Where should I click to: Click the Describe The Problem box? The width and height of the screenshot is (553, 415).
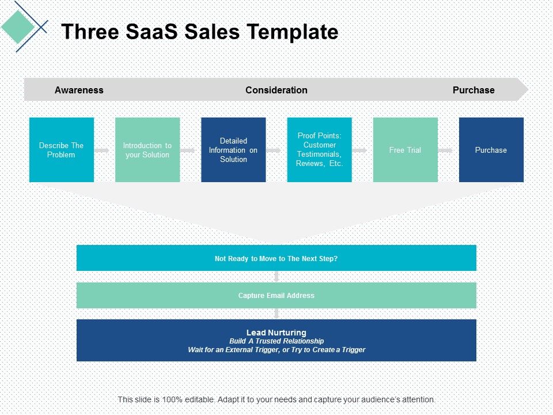point(62,150)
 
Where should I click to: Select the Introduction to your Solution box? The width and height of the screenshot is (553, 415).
point(147,150)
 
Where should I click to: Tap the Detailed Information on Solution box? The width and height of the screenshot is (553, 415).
point(233,150)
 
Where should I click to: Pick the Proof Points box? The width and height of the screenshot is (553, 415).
point(319,150)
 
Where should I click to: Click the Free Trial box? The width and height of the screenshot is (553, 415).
point(405,150)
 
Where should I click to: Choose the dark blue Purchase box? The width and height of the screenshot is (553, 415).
point(491,150)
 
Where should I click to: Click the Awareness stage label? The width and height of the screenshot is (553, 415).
point(79,90)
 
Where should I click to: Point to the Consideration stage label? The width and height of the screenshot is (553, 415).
point(276,90)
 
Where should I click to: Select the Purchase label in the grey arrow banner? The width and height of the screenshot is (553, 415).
point(473,90)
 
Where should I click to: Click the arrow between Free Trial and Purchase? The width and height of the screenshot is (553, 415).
point(446,150)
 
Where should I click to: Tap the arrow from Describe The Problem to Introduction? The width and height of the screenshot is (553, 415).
point(102,150)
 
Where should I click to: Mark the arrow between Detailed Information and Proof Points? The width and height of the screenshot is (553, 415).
point(274,150)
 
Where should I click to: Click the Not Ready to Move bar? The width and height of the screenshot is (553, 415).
point(276,258)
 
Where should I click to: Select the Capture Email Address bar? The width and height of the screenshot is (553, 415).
point(276,295)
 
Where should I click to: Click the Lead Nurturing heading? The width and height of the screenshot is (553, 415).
point(276,333)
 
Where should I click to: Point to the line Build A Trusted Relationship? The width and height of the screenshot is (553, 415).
point(276,341)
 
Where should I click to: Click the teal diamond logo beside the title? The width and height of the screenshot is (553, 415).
point(18,24)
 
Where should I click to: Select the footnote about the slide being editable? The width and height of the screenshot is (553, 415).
point(276,399)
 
